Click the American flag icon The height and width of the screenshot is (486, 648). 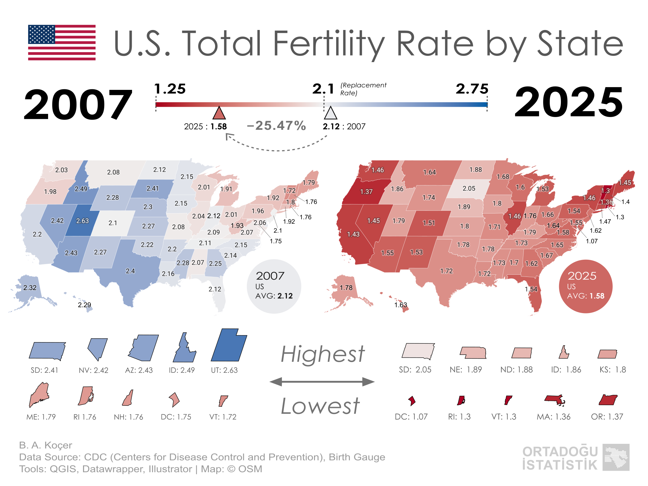point(62,42)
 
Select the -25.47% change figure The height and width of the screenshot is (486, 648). point(276,126)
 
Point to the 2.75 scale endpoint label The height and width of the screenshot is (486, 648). point(472,89)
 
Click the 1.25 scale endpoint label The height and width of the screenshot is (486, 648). point(170,89)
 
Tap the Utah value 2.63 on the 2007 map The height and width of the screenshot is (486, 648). point(82,221)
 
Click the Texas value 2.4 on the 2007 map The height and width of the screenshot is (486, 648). point(130,271)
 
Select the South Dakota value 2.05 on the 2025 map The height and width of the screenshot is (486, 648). point(469,189)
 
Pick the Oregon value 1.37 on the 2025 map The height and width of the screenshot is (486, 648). point(366,192)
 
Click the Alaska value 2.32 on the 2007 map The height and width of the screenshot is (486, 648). point(30,288)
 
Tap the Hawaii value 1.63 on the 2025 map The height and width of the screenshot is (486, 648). point(400,305)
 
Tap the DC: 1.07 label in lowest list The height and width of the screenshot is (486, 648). point(411,417)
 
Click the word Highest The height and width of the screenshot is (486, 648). point(322,354)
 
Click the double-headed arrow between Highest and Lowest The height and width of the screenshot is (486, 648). point(322,381)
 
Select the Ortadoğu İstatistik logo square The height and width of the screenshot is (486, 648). point(616,457)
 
